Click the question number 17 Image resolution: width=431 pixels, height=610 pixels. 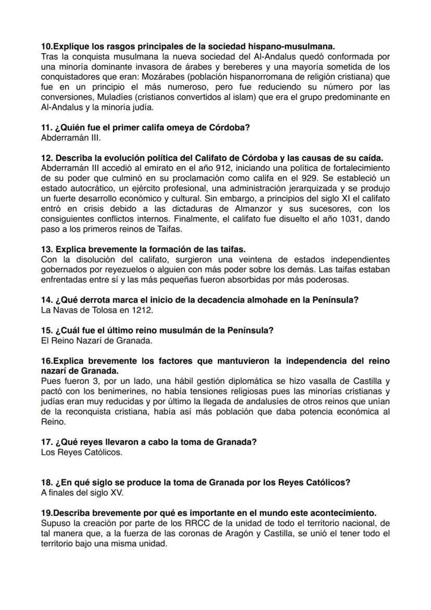coord(45,442)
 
